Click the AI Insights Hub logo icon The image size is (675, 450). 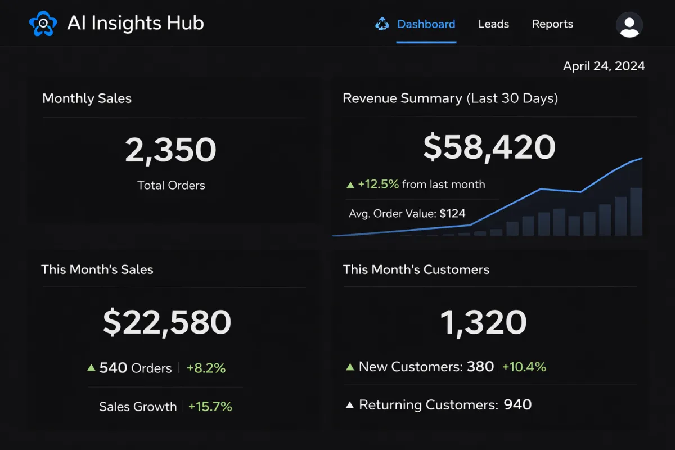43,24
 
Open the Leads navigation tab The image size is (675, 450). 493,24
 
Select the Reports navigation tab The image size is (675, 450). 552,24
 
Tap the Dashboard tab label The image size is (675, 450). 426,24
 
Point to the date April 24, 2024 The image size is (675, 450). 604,66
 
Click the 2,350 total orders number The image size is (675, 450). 170,150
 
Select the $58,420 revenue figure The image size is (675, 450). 489,147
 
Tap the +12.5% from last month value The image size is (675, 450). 378,184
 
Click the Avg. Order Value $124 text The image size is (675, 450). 407,213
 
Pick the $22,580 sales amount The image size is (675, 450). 167,322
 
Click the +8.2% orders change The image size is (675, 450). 206,368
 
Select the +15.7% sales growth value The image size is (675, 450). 210,407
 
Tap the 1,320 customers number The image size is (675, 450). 483,322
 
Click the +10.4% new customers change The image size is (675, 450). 524,367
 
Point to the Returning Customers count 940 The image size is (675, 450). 517,404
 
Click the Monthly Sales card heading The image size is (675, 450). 87,98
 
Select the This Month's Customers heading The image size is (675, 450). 416,269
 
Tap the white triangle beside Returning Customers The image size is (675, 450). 349,404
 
